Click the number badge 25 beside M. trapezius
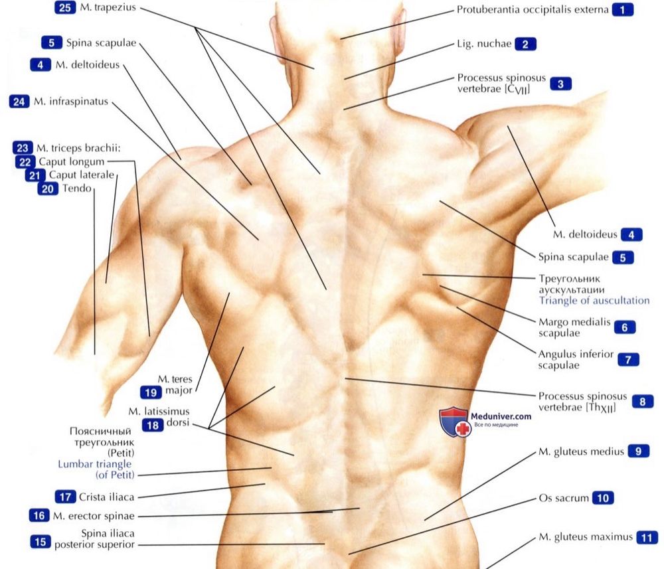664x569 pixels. (x=65, y=7)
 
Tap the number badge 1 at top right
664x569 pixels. (x=623, y=10)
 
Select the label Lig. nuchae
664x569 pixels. (x=484, y=44)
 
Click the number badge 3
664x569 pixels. (x=560, y=84)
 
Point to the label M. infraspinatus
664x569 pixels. (x=71, y=102)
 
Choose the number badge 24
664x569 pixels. (x=19, y=102)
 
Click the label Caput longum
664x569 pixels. (x=72, y=162)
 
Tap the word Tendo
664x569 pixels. (x=77, y=189)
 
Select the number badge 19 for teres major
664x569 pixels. (x=151, y=392)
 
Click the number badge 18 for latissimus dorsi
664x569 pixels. (x=153, y=425)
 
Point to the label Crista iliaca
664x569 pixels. (x=107, y=497)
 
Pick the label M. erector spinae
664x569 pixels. (x=94, y=516)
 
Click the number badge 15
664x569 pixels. (x=41, y=542)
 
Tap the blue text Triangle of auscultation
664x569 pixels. (x=594, y=301)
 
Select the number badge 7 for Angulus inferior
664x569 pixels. (x=628, y=360)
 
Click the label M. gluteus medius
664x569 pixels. (x=581, y=451)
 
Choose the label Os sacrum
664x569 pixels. (x=564, y=498)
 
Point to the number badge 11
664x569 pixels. (x=647, y=538)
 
